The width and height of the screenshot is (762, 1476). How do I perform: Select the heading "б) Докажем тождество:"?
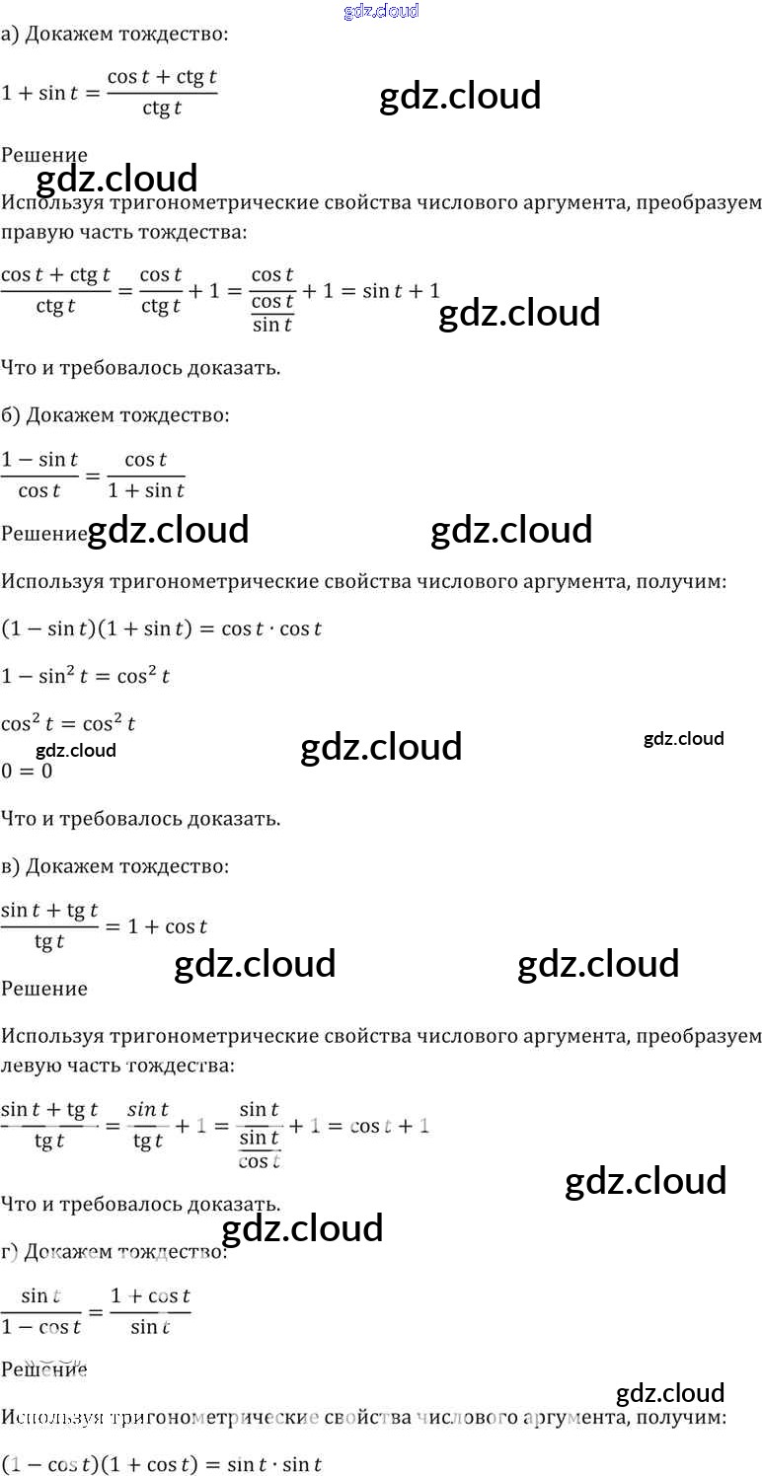[114, 415]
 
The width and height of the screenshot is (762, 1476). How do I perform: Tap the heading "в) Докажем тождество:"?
[114, 866]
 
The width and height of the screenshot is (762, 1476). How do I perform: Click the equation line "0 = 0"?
[27, 771]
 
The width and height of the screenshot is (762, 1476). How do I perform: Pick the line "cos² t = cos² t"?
[68, 723]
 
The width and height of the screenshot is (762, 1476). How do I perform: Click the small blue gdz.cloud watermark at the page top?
[381, 11]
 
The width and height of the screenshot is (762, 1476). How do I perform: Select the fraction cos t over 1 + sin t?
[146, 475]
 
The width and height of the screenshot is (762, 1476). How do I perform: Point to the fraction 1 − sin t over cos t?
[40, 475]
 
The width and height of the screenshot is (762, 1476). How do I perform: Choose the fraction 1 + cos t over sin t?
[150, 1311]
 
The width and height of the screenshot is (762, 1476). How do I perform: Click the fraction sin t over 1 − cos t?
[40, 1311]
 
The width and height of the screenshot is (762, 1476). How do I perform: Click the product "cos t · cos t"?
[271, 628]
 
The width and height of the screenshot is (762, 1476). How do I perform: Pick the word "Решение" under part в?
[44, 989]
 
